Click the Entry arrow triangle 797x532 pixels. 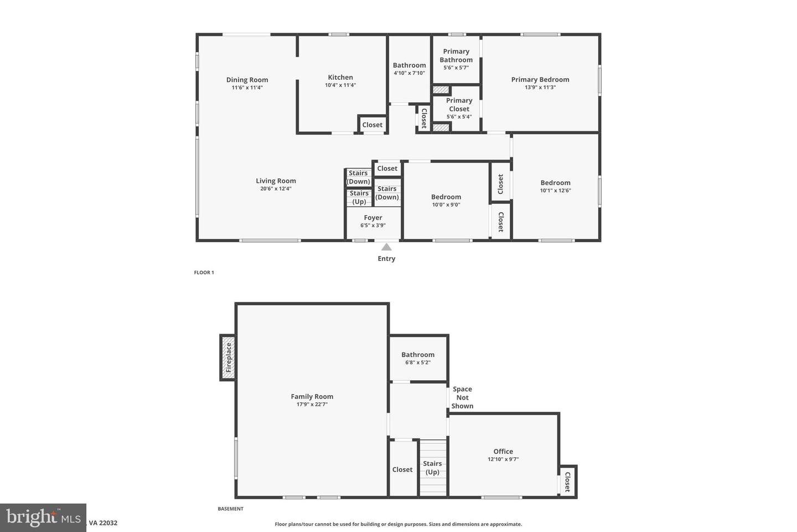[386, 247]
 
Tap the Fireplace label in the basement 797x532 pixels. [228, 357]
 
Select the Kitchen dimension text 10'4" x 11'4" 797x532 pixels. [340, 85]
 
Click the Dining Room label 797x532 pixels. [247, 80]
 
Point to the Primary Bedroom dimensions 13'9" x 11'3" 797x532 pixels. [540, 88]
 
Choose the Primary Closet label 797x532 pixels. [459, 105]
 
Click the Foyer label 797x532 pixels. [373, 218]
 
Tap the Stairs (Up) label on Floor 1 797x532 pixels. [359, 197]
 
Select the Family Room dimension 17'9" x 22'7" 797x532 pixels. [312, 405]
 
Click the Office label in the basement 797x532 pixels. [503, 451]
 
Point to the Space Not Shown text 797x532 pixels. [462, 397]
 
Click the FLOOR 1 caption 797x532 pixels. [204, 273]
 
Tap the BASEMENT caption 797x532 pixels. [230, 509]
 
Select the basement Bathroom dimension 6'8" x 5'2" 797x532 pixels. [418, 363]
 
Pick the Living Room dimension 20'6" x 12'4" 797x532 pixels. [276, 189]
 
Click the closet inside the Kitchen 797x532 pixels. [372, 125]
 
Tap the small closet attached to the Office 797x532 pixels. [567, 482]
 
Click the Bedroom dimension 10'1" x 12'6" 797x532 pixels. [555, 191]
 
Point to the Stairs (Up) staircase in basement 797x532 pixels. [432, 468]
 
